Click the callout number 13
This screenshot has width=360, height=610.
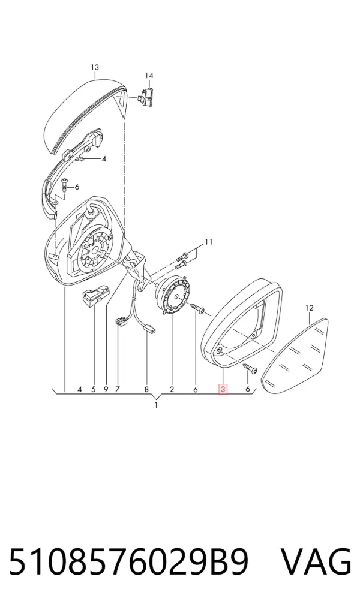tap(95, 67)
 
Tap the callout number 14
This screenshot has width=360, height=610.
tap(149, 76)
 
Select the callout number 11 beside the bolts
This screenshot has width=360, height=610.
tap(209, 242)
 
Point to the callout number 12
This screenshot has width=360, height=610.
tap(309, 308)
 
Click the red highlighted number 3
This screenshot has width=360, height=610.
tap(223, 389)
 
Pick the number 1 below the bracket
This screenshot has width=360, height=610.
tap(156, 405)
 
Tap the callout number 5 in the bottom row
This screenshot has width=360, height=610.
tap(94, 389)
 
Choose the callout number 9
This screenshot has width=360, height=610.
tap(106, 389)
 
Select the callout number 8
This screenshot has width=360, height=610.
tap(146, 389)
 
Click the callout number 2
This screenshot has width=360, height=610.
tap(172, 389)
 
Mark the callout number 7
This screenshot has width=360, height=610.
tap(118, 389)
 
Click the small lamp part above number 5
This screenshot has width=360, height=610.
tap(96, 295)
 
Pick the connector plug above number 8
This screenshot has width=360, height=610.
tap(149, 329)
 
